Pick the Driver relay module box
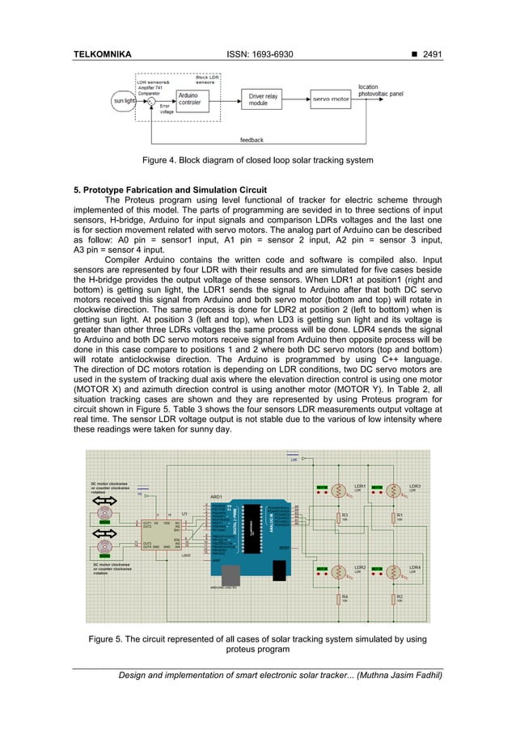tap(263, 99)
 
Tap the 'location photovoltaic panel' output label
tap(380, 91)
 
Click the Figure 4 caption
tap(257, 161)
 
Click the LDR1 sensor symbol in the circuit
tap(340, 490)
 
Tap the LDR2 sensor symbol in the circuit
tap(340, 572)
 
